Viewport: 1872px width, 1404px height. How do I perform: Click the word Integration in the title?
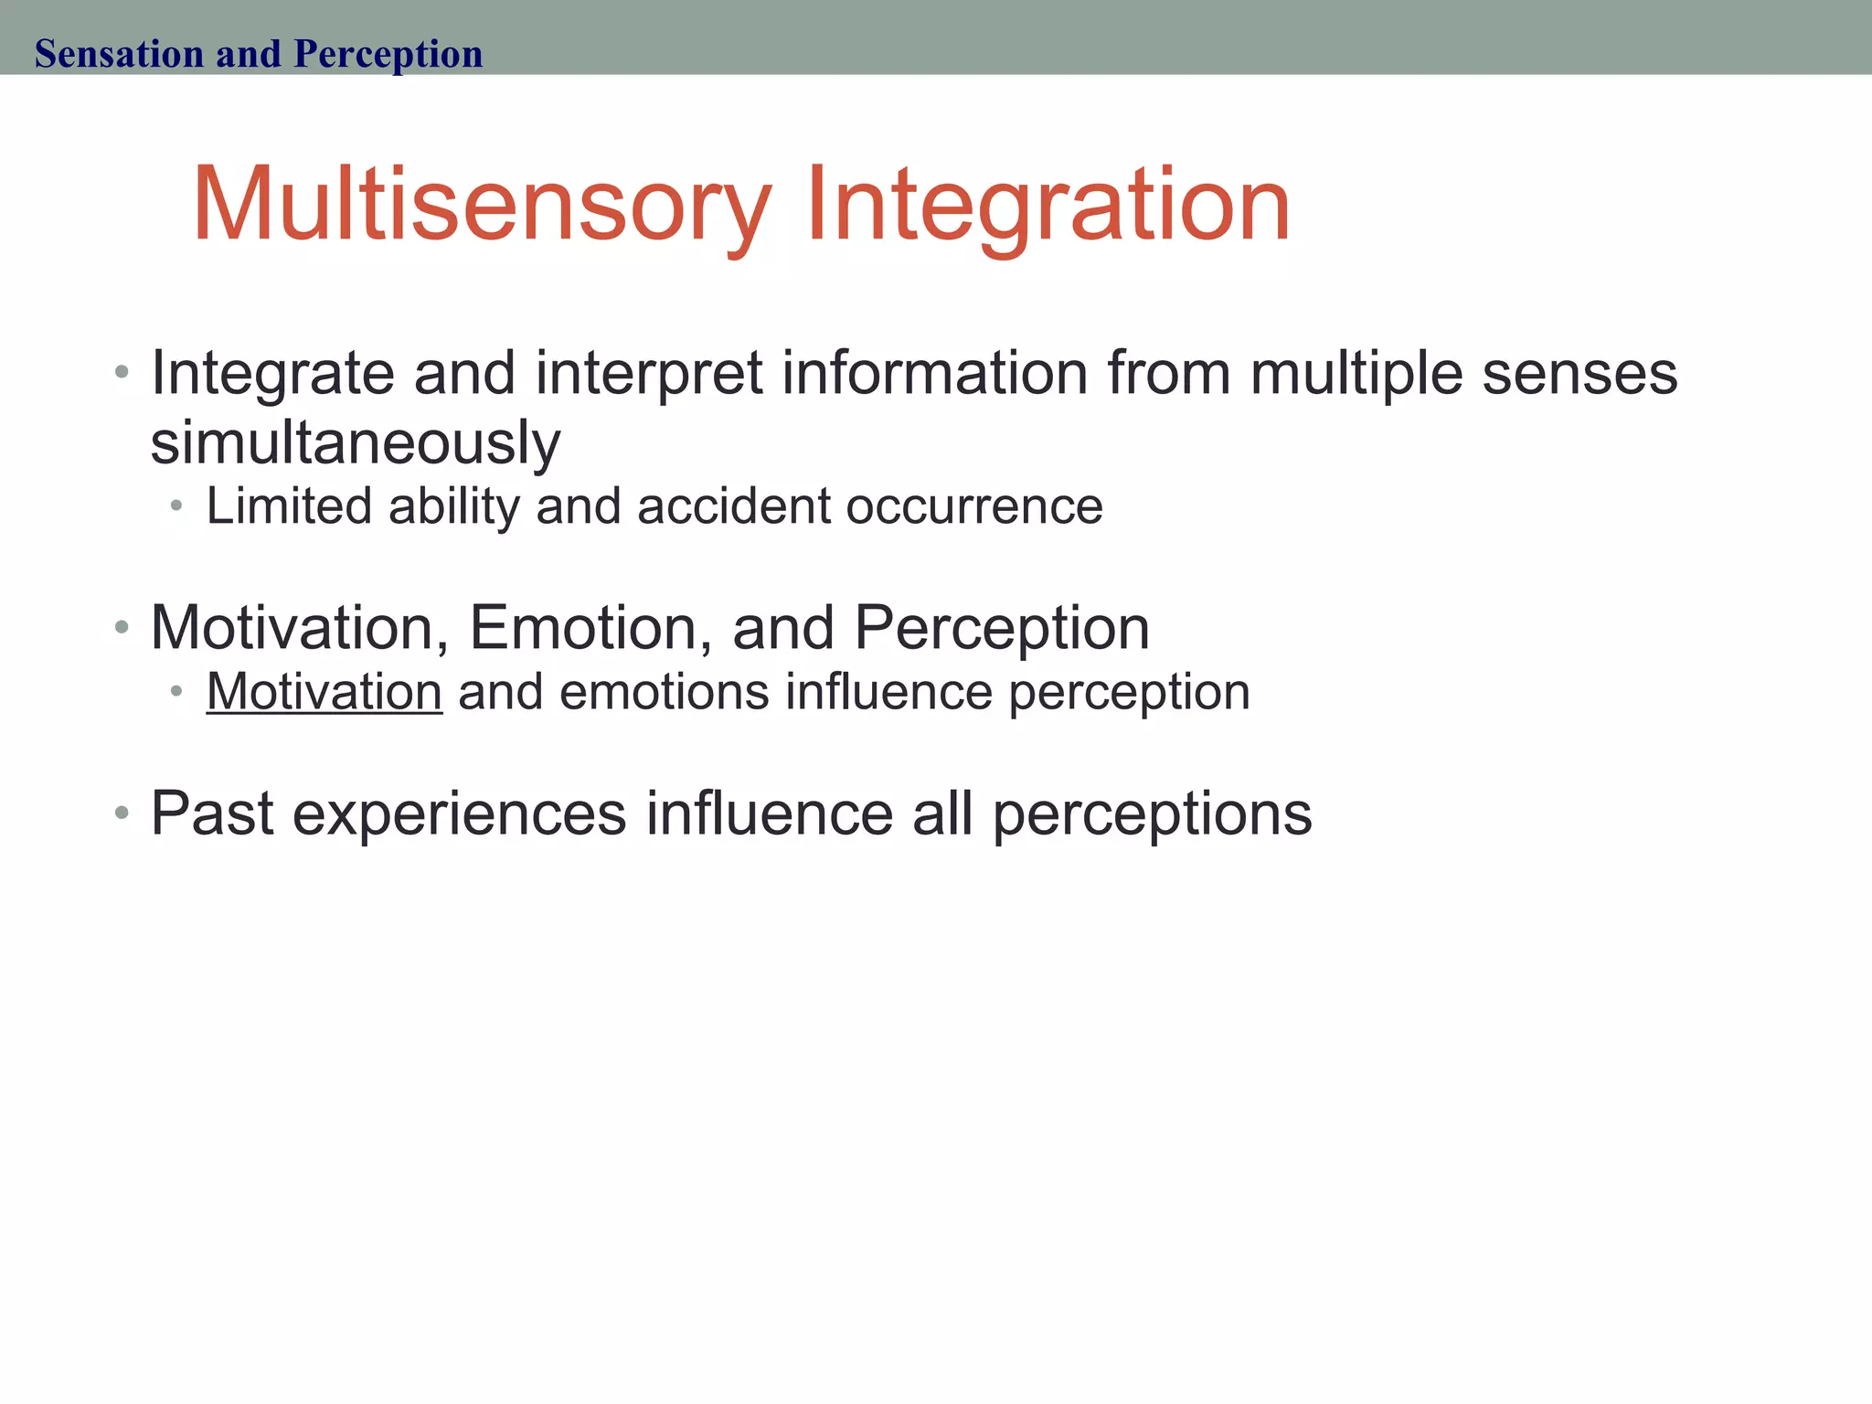(1048, 206)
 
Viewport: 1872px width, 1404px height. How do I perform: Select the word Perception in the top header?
(388, 54)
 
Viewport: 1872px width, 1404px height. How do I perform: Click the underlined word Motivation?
(324, 692)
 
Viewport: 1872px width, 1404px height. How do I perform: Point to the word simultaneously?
(355, 443)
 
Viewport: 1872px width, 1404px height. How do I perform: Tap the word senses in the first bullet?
(1579, 375)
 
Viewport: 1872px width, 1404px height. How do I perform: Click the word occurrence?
(974, 506)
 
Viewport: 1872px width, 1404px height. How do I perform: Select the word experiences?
(460, 814)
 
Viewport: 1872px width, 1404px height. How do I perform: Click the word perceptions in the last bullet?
(1152, 814)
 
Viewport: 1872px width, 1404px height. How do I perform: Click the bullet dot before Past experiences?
(122, 813)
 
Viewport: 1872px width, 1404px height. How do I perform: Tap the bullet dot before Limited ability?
(176, 505)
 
